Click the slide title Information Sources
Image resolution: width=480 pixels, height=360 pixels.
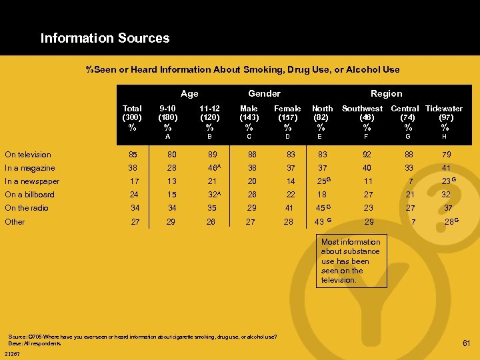[x=105, y=38]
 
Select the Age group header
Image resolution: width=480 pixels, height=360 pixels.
[x=189, y=94]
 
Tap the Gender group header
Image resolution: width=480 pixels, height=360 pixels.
[x=264, y=94]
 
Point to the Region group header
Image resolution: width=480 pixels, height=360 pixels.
[x=386, y=94]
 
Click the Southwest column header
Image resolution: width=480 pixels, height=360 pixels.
[x=363, y=109]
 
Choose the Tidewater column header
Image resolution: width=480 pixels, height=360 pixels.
[x=444, y=109]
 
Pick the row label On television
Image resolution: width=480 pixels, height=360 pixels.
[x=28, y=155]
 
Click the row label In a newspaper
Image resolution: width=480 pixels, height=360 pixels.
[x=32, y=181]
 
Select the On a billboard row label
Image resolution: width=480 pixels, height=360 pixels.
[x=30, y=195]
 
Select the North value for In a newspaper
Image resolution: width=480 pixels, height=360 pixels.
[x=323, y=181]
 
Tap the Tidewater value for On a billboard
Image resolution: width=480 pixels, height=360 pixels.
[x=446, y=195]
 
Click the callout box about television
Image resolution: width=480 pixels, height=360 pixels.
[x=351, y=261]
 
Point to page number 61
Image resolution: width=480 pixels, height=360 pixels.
[x=467, y=343]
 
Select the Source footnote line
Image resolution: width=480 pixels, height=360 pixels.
[x=143, y=335]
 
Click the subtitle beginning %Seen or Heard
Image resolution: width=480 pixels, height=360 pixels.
[x=243, y=69]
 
